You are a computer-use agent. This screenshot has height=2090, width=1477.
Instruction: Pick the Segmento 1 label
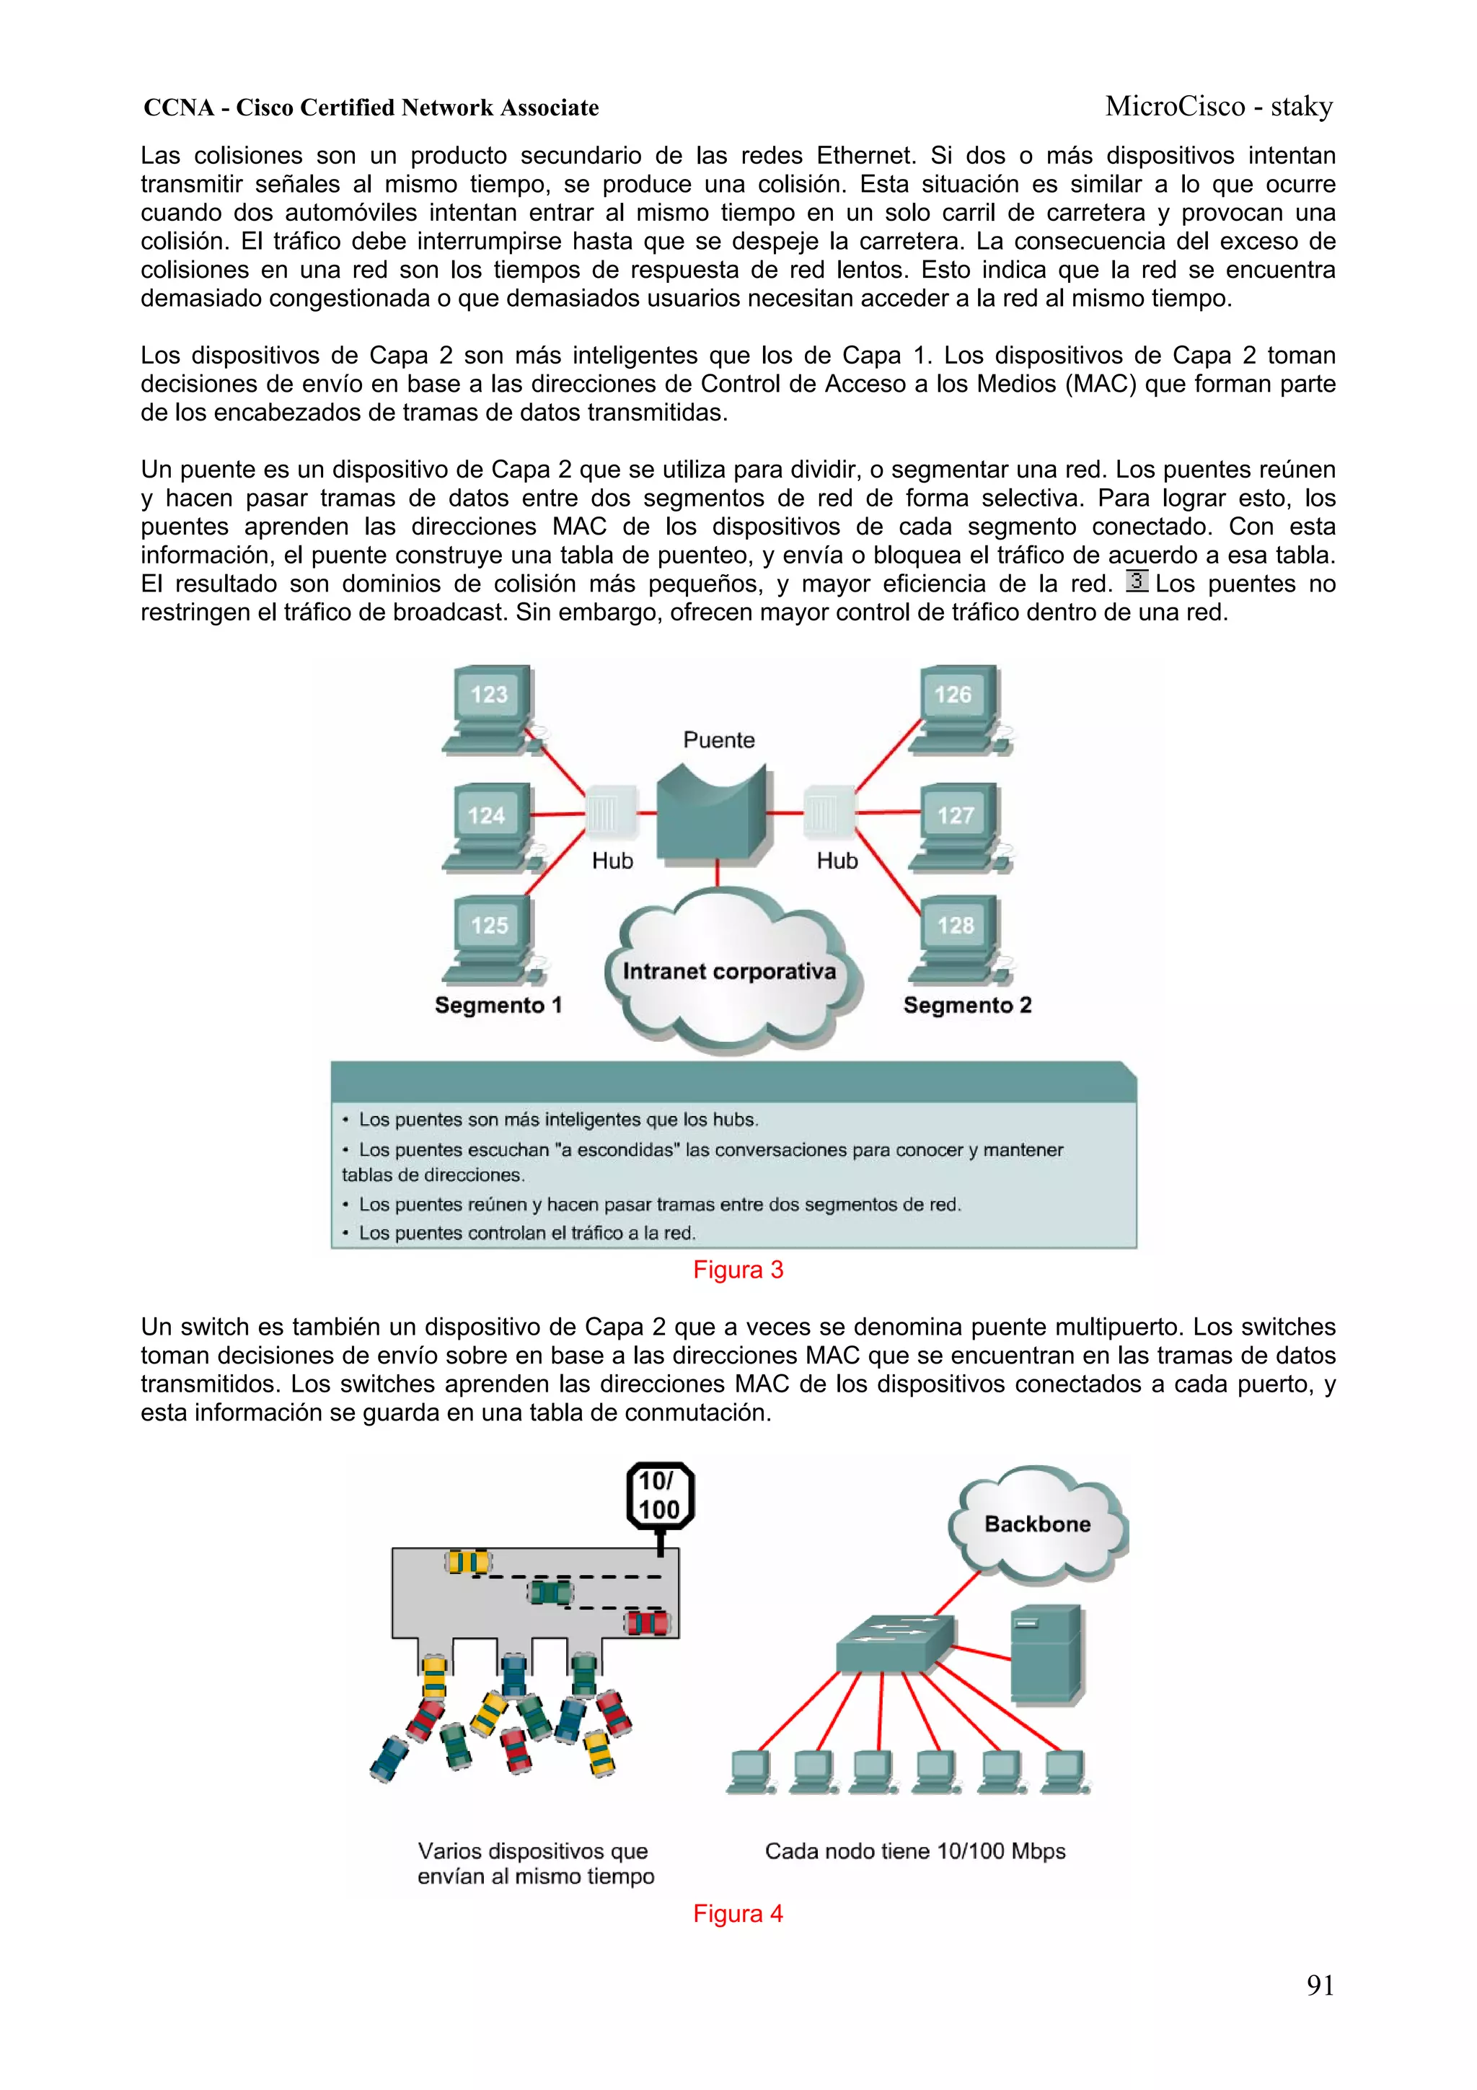tap(498, 1005)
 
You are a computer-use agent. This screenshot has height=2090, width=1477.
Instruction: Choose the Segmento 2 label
tap(966, 1005)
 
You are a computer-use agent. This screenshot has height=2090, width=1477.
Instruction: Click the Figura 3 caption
tap(737, 1270)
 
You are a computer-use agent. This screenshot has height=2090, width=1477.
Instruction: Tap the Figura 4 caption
tap(737, 1913)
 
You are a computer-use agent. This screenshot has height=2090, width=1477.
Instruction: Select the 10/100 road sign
tap(660, 1496)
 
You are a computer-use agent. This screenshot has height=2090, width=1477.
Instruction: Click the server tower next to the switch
tap(1047, 1654)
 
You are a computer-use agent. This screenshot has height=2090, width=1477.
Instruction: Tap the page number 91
tap(1320, 1985)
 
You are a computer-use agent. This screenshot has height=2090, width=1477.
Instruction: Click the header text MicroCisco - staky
tap(1219, 107)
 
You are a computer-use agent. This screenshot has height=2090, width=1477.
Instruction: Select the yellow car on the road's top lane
tap(468, 1562)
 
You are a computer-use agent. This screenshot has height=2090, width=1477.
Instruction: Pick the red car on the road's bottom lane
tap(647, 1622)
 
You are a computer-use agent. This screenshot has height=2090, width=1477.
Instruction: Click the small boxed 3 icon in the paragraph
tap(1137, 581)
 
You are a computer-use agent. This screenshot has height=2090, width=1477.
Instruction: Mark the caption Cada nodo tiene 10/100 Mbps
tap(914, 1850)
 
